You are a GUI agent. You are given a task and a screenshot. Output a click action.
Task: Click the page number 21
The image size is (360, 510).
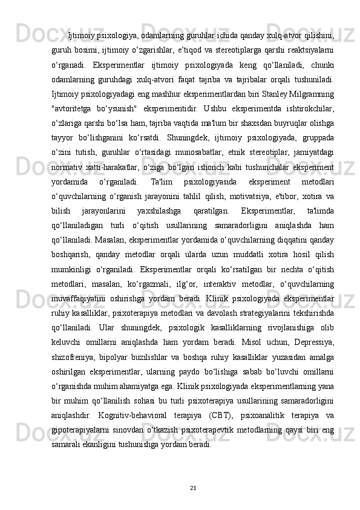coord(194,487)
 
